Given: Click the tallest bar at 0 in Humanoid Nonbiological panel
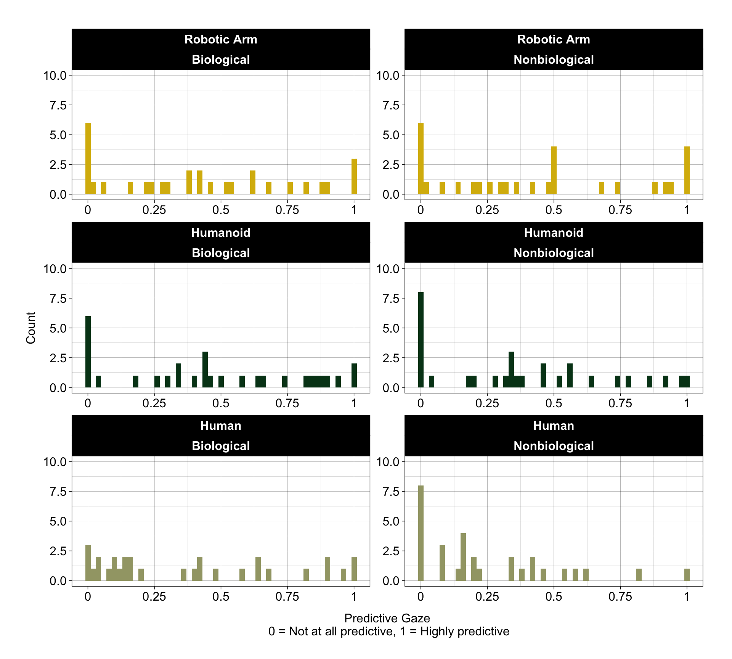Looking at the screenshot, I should (x=421, y=340).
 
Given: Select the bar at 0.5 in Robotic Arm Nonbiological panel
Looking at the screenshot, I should (x=554, y=170).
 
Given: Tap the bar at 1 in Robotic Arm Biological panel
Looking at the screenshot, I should (x=354, y=177).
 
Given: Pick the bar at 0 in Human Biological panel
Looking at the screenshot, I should (x=88, y=563).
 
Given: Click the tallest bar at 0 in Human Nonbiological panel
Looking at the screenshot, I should (x=421, y=533).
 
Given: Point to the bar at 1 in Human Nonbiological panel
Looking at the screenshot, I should (x=687, y=575).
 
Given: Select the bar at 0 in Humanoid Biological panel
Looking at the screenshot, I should (x=88, y=352).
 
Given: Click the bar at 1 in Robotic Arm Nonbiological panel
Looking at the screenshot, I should (x=687, y=170).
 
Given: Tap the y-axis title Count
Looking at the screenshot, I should (x=31, y=328).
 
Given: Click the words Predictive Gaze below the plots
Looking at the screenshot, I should (x=387, y=618).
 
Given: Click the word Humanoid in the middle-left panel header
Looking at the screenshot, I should (x=221, y=233).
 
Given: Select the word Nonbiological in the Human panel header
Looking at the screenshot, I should (x=554, y=446).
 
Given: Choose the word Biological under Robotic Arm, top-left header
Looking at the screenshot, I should (x=221, y=59).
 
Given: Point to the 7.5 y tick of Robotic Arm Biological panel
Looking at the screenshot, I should (x=58, y=105).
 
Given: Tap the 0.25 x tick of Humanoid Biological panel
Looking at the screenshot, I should (x=154, y=403).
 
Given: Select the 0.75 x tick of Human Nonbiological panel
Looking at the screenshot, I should (x=620, y=596).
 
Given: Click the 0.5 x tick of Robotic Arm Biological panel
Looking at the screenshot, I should (x=221, y=210).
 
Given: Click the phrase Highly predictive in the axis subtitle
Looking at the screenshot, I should (x=464, y=631).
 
